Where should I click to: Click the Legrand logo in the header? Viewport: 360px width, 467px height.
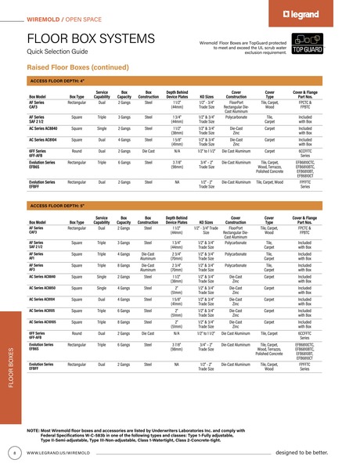coord(326,14)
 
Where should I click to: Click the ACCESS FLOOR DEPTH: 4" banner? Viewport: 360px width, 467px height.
coord(56,81)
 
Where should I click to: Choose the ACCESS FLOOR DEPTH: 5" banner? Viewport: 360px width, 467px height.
coord(56,205)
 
